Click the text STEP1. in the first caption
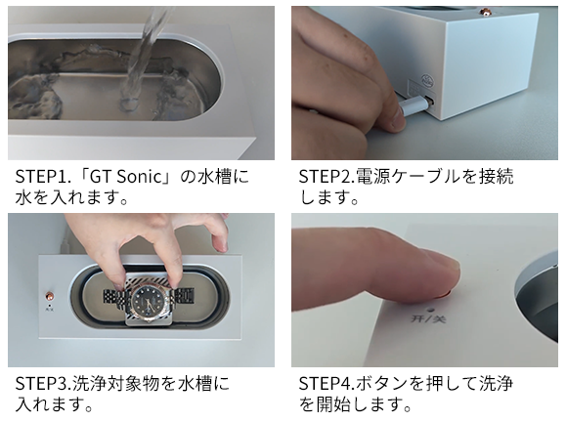pyautogui.click(x=41, y=177)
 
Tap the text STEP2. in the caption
pyautogui.click(x=327, y=177)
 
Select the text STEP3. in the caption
pyautogui.click(x=43, y=384)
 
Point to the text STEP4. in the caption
pyautogui.click(x=327, y=384)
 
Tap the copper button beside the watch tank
pyautogui.click(x=49, y=296)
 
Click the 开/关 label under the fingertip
pyautogui.click(x=429, y=319)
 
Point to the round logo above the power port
pyautogui.click(x=428, y=80)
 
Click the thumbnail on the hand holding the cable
pyautogui.click(x=399, y=119)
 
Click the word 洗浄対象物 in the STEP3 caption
pyautogui.click(x=115, y=384)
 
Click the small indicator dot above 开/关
pyautogui.click(x=430, y=310)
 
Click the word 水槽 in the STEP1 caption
pyautogui.click(x=215, y=177)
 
